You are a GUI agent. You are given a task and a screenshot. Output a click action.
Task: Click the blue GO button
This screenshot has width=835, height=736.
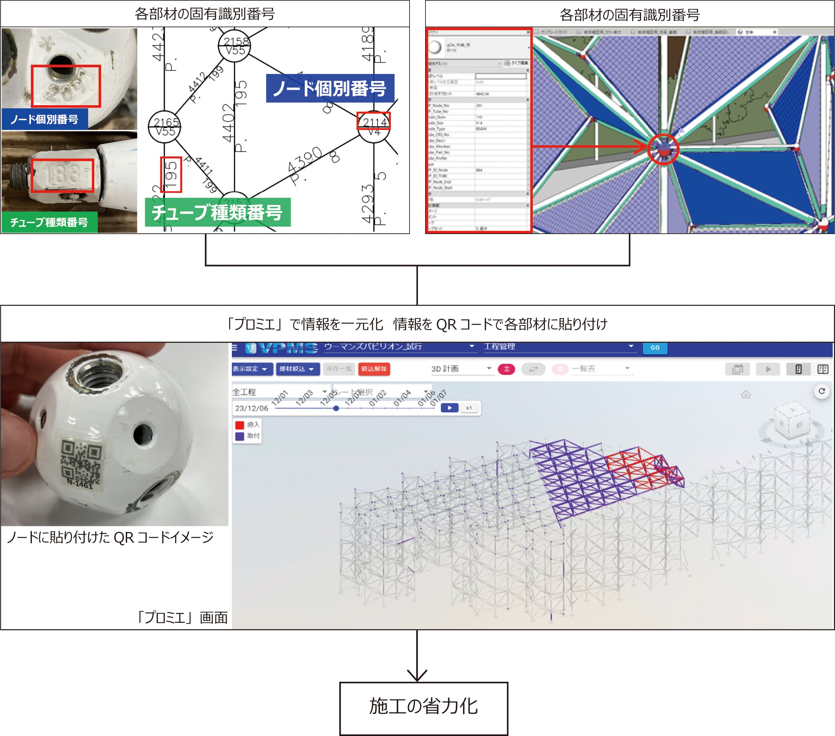[x=655, y=347]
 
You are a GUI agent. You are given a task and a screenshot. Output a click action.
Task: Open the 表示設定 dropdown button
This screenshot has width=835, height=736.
[x=250, y=369]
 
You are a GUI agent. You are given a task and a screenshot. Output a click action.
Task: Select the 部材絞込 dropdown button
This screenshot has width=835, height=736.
[x=296, y=369]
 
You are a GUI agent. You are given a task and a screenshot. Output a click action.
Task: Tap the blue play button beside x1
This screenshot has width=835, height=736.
[x=449, y=408]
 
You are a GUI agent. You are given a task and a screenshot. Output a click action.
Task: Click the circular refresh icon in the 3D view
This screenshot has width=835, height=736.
[x=822, y=391]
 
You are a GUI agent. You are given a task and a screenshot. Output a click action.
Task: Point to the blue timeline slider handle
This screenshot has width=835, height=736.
[x=336, y=408]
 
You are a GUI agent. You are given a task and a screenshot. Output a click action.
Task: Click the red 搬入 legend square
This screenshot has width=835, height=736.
[x=240, y=425]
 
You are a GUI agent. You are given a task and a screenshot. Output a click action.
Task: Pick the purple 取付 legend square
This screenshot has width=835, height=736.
[x=240, y=436]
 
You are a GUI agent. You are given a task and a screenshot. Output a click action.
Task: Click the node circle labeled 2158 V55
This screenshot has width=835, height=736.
[x=234, y=46]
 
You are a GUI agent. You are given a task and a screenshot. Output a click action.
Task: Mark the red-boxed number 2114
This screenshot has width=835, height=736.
[x=373, y=121]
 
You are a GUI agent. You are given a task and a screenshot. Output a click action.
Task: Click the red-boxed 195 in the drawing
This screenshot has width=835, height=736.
[x=171, y=175]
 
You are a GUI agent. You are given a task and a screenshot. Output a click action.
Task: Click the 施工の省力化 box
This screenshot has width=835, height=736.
[x=424, y=708]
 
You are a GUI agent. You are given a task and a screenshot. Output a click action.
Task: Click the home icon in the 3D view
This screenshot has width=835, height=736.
[x=746, y=395]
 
